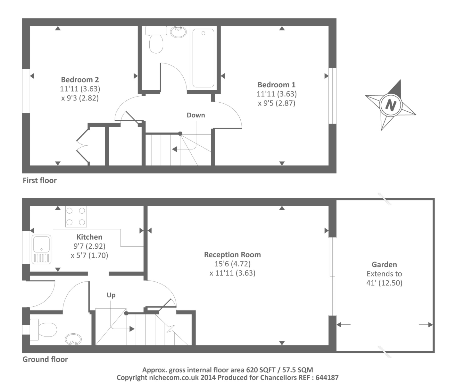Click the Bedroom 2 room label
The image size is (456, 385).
[80, 80]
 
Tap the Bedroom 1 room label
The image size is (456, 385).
[277, 85]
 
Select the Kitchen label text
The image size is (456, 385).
[89, 237]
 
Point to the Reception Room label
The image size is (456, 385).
[232, 255]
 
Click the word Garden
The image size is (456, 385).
[384, 265]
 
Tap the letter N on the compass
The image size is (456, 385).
[391, 105]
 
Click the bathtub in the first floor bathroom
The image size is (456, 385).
[203, 58]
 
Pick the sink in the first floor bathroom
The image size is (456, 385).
[178, 32]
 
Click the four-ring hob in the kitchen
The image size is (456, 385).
[76, 217]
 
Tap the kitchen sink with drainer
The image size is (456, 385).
[41, 250]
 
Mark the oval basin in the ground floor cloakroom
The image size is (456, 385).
[73, 339]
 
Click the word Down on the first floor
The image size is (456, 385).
[196, 115]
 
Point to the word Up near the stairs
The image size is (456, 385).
[111, 295]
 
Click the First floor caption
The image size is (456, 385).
[40, 180]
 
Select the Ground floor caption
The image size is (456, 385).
[45, 359]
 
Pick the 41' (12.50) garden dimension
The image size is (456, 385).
[384, 283]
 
